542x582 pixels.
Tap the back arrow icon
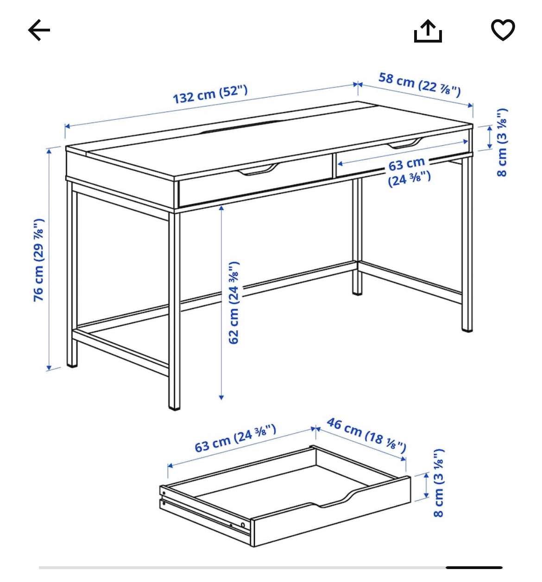39,31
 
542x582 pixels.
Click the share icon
428,31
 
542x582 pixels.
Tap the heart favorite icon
503,30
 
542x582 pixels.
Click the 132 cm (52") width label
210,94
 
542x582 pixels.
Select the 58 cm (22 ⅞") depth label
420,84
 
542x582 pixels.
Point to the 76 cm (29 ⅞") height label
39,260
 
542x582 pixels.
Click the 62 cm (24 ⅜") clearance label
234,303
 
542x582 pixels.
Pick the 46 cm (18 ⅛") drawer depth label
366,434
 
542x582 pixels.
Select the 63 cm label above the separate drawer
235,438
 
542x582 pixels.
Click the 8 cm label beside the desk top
502,142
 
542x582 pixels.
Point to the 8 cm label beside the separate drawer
438,483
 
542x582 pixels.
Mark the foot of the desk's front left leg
174,406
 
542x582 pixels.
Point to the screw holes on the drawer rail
237,524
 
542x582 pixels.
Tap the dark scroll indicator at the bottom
474,567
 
